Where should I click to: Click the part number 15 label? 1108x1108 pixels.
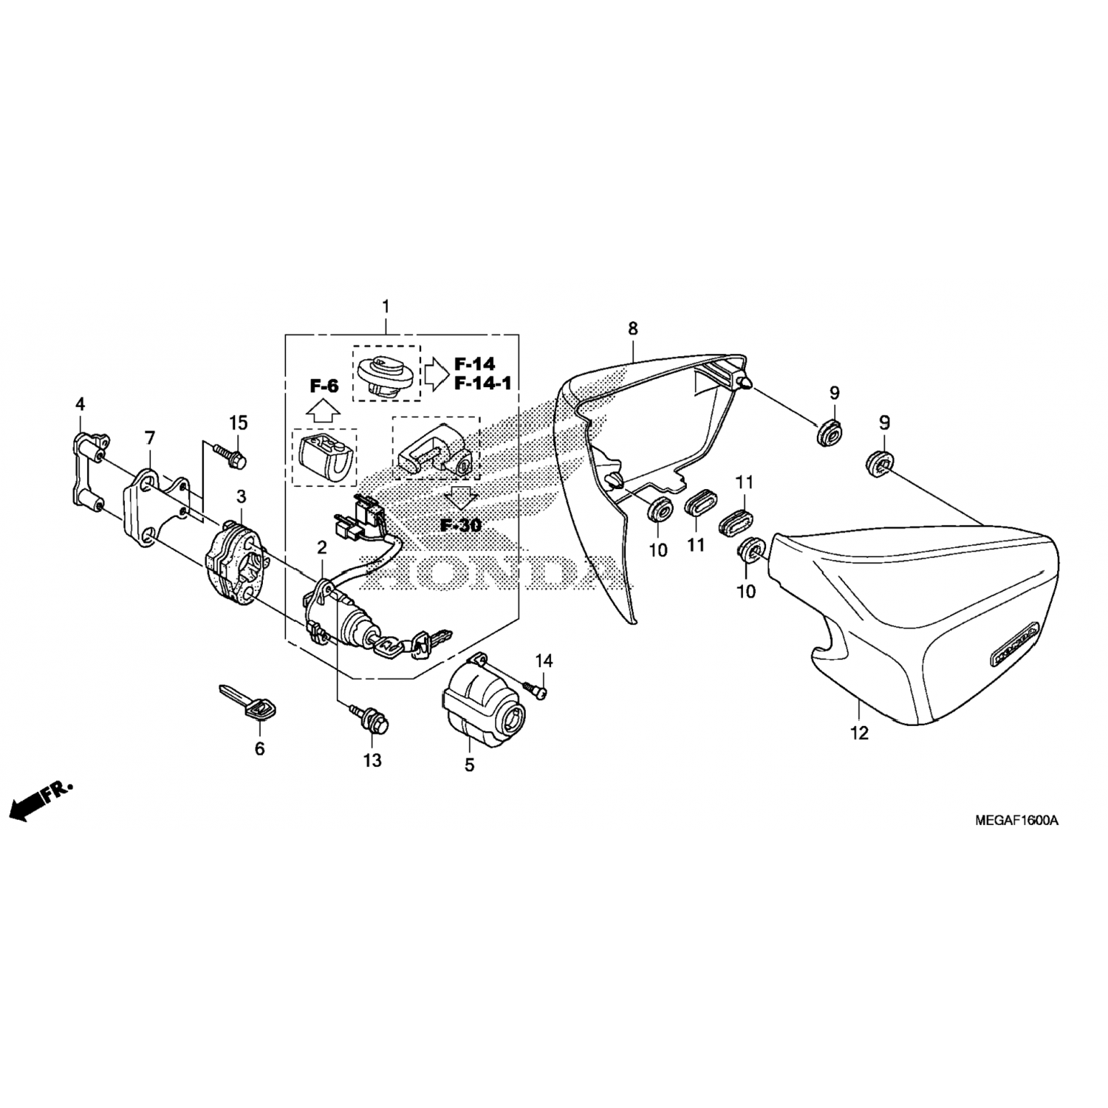point(238,423)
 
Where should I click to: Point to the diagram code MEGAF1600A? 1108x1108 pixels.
point(1016,821)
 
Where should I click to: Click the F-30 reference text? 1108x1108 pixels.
point(461,525)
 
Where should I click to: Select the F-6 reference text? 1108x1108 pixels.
point(323,385)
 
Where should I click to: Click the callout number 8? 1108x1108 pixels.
point(633,328)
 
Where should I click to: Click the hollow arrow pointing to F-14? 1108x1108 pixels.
point(437,375)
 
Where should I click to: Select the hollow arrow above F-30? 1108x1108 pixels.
point(462,498)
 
